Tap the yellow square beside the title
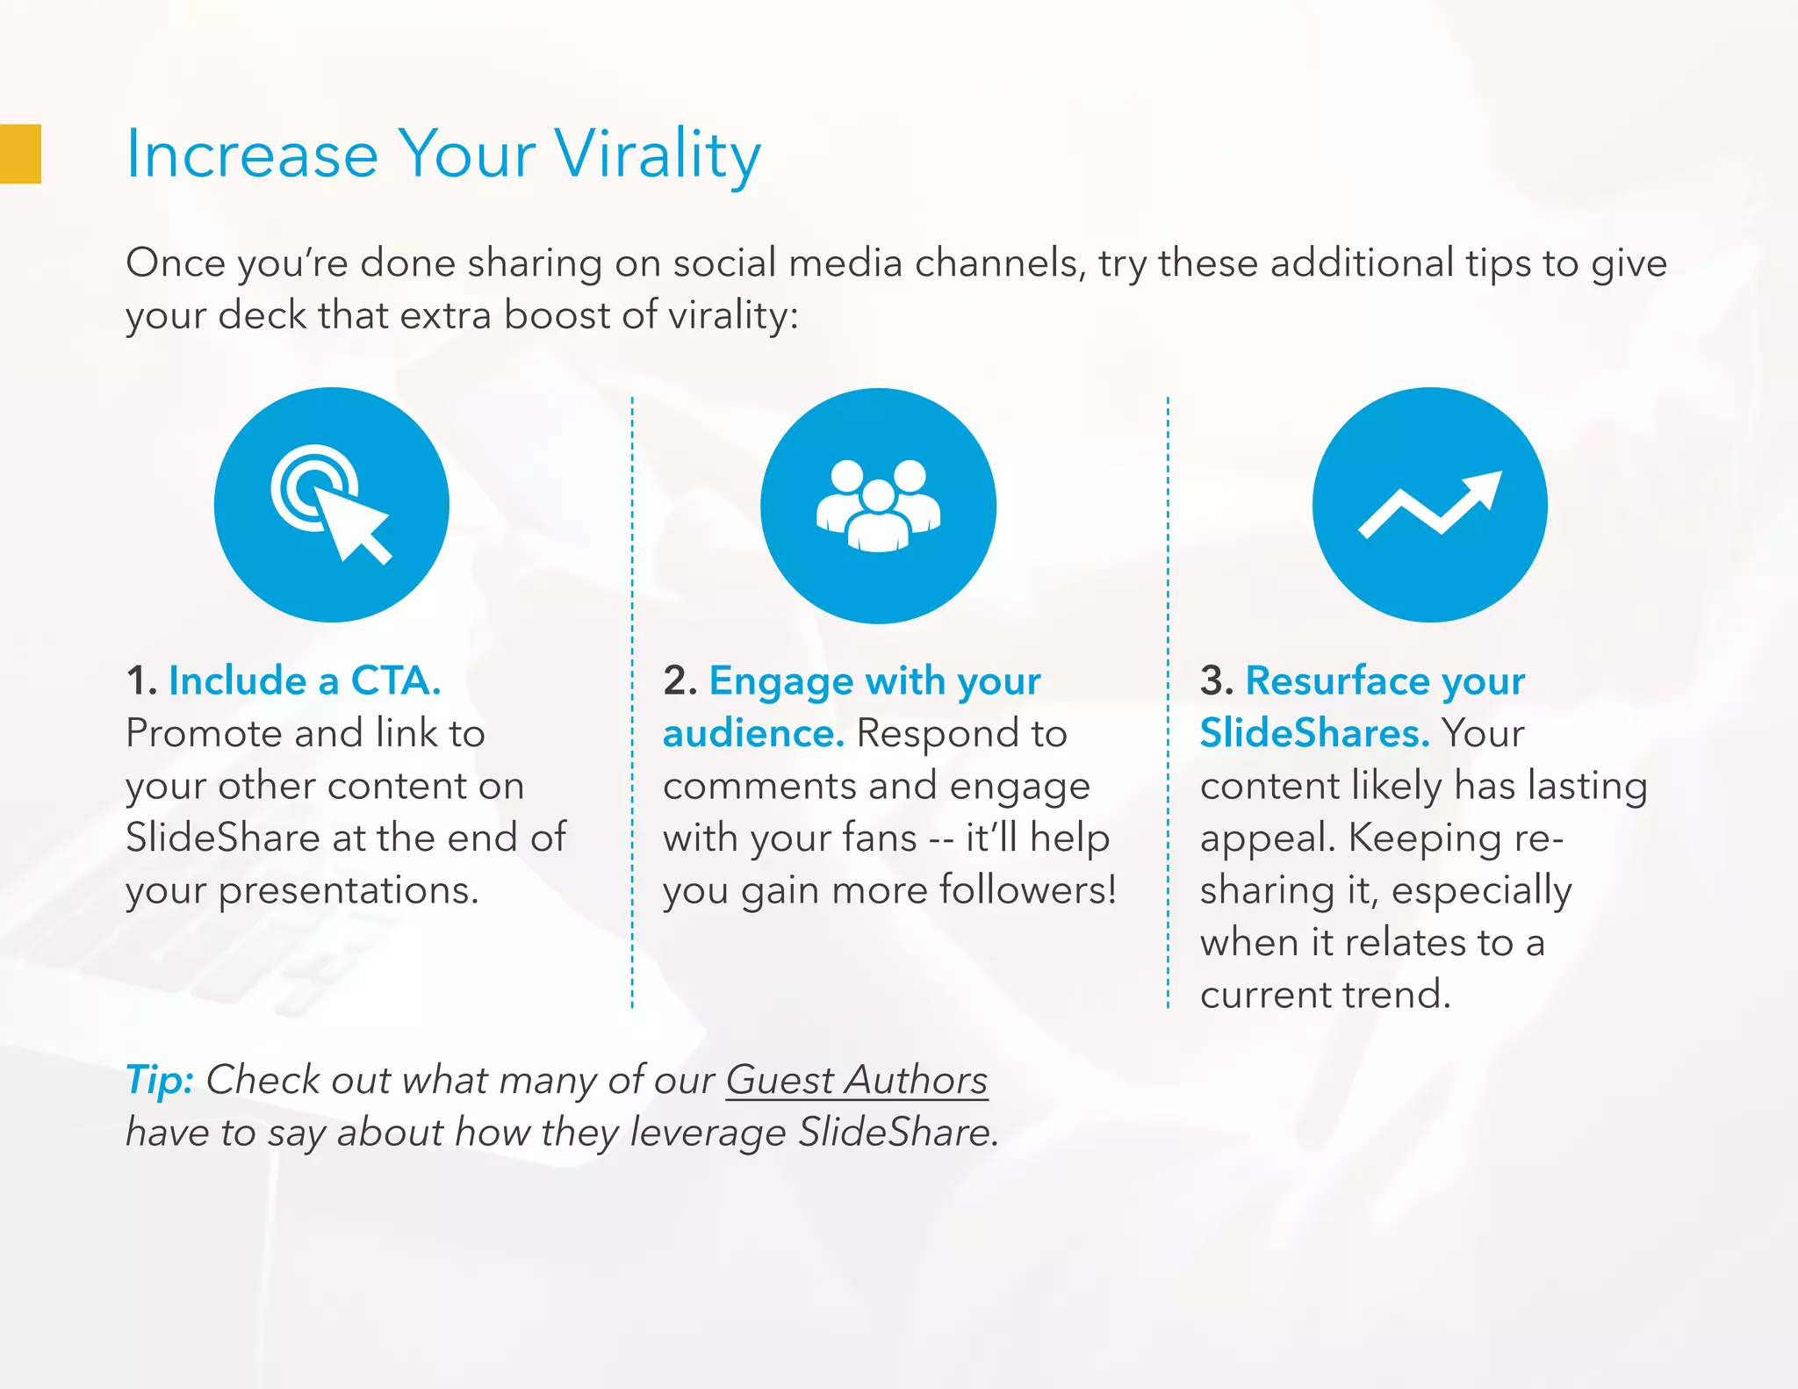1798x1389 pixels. point(20,154)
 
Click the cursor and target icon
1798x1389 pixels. point(331,505)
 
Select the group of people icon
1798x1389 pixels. point(878,505)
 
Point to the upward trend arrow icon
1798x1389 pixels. point(1429,505)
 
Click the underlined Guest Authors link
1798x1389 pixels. point(856,1080)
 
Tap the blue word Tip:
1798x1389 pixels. point(159,1080)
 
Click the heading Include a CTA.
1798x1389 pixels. point(304,680)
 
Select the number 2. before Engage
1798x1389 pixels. point(680,680)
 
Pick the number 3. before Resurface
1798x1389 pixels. point(1217,680)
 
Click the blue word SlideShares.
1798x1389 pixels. point(1314,733)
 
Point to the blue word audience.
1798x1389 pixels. point(753,733)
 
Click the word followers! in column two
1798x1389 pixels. point(1028,890)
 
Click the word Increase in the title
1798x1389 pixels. point(252,155)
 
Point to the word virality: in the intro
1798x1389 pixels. point(733,315)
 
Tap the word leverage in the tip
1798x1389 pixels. point(708,1133)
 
